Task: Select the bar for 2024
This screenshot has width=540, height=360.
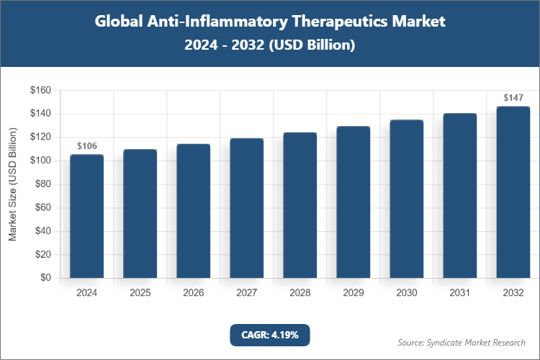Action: pos(86,216)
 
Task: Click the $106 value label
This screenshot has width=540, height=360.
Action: pos(86,146)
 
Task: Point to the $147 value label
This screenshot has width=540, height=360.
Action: pos(513,98)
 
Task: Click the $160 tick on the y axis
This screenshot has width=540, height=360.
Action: pos(40,91)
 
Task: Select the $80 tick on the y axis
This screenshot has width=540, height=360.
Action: pos(43,184)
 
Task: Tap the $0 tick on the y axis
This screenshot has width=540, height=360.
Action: pos(45,278)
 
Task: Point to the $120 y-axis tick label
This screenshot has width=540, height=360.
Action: pos(40,138)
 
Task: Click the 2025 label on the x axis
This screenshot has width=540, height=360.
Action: pos(140,294)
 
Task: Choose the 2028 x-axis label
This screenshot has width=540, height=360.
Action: pos(300,294)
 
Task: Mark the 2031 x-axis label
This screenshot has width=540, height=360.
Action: pos(459,294)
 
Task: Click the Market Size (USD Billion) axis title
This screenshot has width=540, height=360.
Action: pos(12,184)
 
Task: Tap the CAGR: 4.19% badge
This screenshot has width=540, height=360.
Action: pos(269,335)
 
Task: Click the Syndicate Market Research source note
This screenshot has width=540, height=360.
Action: pos(462,342)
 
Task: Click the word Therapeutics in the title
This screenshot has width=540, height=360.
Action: pos(323,22)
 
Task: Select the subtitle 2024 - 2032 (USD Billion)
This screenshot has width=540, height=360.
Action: pos(270,45)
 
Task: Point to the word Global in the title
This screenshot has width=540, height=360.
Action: pos(119,22)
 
